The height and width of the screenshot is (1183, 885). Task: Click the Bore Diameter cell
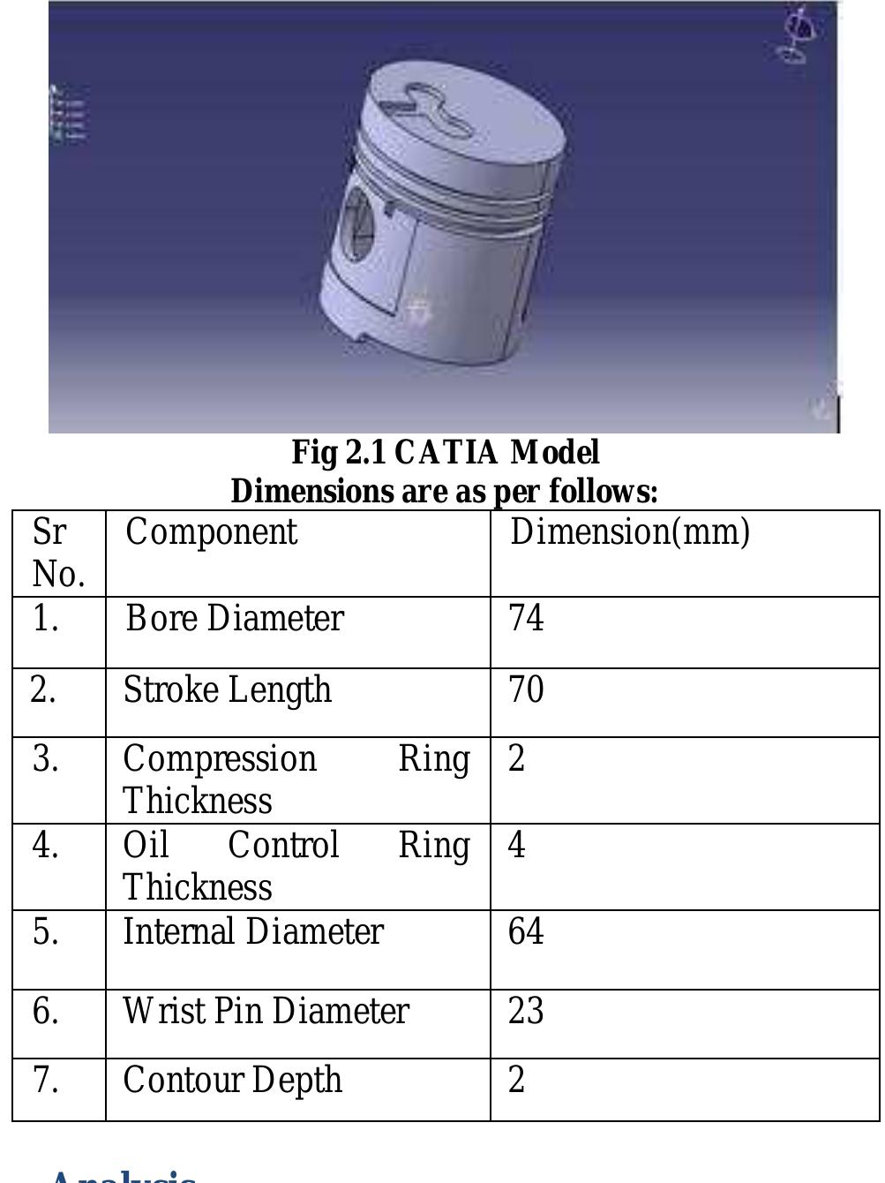coord(234,618)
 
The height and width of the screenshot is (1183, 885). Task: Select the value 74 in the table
coord(526,618)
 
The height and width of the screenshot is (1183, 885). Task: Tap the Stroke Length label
coord(227,689)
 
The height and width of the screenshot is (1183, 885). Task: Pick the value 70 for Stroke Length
coord(526,689)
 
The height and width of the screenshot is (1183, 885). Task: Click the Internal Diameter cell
coord(253,932)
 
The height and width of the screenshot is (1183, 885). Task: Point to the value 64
coord(526,932)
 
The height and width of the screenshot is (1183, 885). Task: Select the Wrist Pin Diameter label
coord(266,1012)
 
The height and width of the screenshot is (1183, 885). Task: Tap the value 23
coord(526,1012)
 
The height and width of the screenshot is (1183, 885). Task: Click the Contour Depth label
coord(232,1081)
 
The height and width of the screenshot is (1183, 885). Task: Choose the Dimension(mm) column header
coord(630,532)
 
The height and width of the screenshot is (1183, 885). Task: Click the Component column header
coord(212,532)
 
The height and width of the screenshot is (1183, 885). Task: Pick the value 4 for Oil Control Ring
coord(517,845)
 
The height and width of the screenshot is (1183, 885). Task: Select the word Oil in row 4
coord(146,846)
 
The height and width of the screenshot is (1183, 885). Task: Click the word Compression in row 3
coord(220,759)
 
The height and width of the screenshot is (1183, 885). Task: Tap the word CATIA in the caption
coord(446,453)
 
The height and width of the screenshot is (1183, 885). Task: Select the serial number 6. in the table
coord(46,1012)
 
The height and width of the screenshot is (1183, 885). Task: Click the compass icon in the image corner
coord(798,34)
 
